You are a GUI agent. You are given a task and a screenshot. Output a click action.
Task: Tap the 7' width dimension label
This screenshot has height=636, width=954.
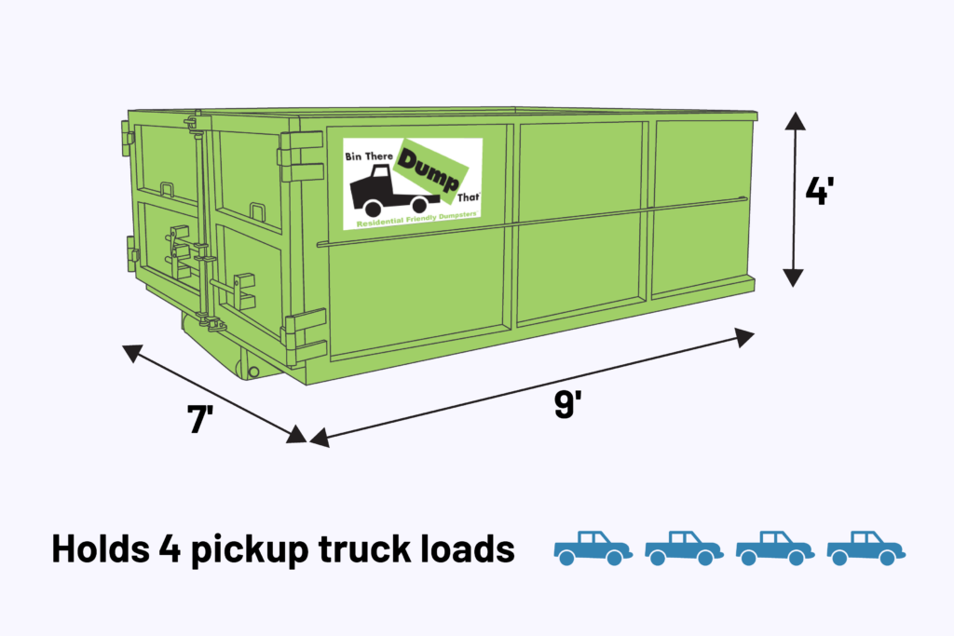(x=201, y=420)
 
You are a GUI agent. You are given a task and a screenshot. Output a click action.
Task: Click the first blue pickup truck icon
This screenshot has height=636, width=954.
(x=593, y=548)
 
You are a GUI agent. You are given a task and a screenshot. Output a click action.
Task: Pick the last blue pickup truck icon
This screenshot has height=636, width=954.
(x=865, y=548)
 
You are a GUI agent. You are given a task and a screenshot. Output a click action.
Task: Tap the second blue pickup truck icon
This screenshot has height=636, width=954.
(x=684, y=548)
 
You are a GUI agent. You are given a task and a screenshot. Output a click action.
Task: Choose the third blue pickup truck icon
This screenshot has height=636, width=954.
(x=775, y=548)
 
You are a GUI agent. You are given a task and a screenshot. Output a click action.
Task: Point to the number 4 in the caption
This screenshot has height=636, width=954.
(x=168, y=549)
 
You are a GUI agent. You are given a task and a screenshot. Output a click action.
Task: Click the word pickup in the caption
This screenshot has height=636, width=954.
(x=243, y=549)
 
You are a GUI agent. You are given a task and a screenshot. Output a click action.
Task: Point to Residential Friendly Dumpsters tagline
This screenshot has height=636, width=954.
(x=412, y=220)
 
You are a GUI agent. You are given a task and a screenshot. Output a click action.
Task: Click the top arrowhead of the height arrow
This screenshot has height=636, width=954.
(x=793, y=118)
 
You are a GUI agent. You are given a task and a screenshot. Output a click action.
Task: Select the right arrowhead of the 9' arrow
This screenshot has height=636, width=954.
(x=745, y=336)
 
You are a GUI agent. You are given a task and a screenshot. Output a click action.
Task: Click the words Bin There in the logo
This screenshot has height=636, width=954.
(x=370, y=153)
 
